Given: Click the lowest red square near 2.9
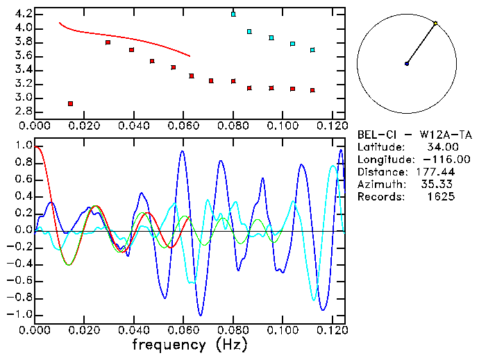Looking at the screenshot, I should [71, 103].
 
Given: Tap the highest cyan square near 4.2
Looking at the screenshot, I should [233, 14].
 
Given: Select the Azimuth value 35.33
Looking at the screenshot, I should [440, 185].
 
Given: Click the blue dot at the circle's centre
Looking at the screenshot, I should [407, 64].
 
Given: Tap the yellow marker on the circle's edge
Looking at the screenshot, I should [435, 24].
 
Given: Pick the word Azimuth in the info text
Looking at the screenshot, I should [379, 185].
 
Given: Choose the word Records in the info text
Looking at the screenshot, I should [379, 197].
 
